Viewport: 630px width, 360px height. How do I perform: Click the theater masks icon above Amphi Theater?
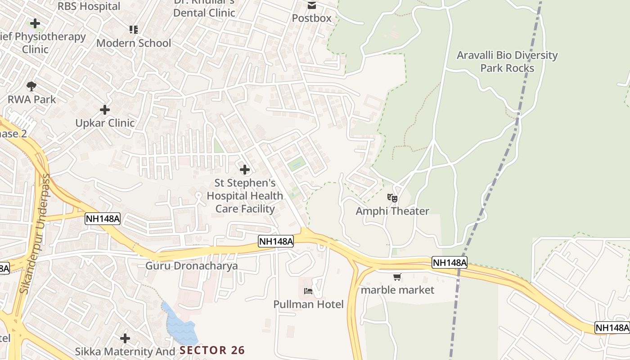coord(392,198)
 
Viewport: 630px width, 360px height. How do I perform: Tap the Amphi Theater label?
coord(392,211)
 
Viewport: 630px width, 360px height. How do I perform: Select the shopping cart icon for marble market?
coord(397,277)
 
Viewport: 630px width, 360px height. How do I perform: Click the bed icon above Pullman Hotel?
coord(308,291)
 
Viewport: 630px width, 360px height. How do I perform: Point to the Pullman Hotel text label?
coord(308,305)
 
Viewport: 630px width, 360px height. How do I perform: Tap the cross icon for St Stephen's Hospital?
coord(245,170)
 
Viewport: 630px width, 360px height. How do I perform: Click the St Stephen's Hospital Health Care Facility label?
coord(245,196)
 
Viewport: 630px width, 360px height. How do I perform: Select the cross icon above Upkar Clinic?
coord(105,110)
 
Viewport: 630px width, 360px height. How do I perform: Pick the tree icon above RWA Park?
coord(31,86)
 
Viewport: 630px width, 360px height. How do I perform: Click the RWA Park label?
coord(31,99)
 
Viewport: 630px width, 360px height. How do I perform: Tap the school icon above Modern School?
coord(134,30)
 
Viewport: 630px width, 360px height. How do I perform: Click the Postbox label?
coord(311,18)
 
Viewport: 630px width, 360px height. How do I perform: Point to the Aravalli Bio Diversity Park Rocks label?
coord(507,62)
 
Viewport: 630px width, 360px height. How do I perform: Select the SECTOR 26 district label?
coord(212,351)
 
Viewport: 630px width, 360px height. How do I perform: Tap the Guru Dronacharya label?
coord(191,266)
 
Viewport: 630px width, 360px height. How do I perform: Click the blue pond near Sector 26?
coord(180,324)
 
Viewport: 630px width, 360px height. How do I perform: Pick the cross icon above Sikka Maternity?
coord(125,338)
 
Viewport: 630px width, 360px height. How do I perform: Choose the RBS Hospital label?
coord(89,6)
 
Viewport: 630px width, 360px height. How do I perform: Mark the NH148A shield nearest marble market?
coord(449,263)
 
